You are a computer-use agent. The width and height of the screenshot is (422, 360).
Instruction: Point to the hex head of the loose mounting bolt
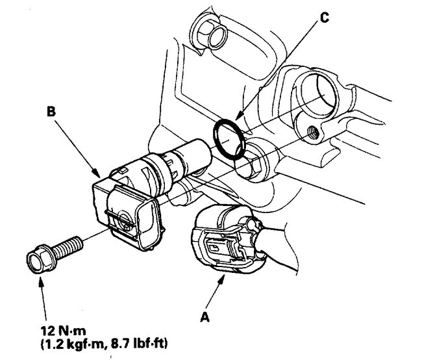[40, 257]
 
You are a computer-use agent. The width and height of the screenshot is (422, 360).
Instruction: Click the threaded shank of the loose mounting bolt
[70, 246]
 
